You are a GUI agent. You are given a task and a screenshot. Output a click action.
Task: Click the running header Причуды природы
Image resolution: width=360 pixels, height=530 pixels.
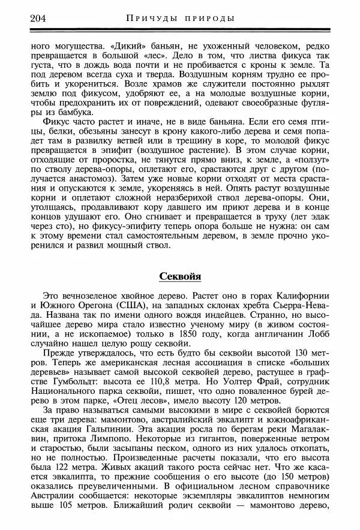click(x=181, y=18)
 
